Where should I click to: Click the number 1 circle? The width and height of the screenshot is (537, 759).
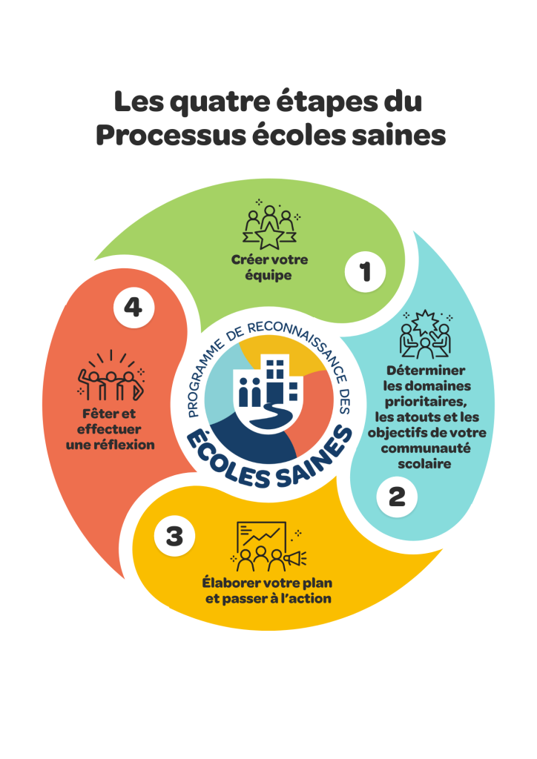365,272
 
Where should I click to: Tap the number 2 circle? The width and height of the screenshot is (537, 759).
398,496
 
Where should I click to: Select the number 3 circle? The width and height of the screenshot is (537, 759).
174,535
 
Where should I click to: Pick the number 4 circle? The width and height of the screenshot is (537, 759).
134,307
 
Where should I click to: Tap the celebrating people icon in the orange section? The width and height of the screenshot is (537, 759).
111,375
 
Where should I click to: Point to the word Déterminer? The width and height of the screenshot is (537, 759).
426,371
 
